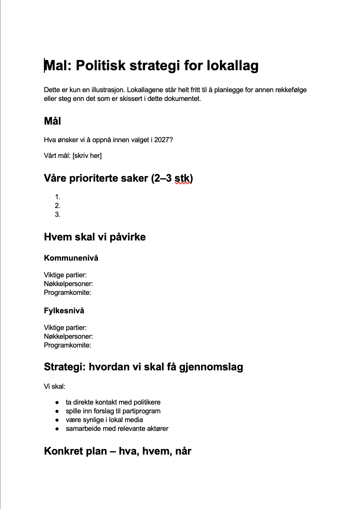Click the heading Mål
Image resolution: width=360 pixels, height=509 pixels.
pyautogui.click(x=53, y=121)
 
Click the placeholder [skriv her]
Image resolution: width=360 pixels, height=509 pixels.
pyautogui.click(x=87, y=156)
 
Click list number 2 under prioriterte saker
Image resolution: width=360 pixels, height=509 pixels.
pyautogui.click(x=58, y=206)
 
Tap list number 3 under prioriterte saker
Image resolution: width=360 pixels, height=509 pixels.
pyautogui.click(x=58, y=215)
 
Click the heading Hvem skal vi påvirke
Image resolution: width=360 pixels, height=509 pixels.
pyautogui.click(x=95, y=237)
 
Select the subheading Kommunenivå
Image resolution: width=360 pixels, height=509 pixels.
pyautogui.click(x=71, y=258)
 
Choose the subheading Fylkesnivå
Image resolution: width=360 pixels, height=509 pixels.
pyautogui.click(x=64, y=311)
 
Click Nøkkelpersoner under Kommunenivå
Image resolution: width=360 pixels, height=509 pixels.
pyautogui.click(x=68, y=284)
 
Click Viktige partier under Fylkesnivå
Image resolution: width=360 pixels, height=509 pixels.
pyautogui.click(x=65, y=328)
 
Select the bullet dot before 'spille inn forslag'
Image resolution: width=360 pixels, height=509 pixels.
pyautogui.click(x=57, y=411)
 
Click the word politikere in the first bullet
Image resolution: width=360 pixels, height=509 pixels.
pyautogui.click(x=144, y=402)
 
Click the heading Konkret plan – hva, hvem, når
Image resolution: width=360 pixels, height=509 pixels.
pyautogui.click(x=118, y=451)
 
